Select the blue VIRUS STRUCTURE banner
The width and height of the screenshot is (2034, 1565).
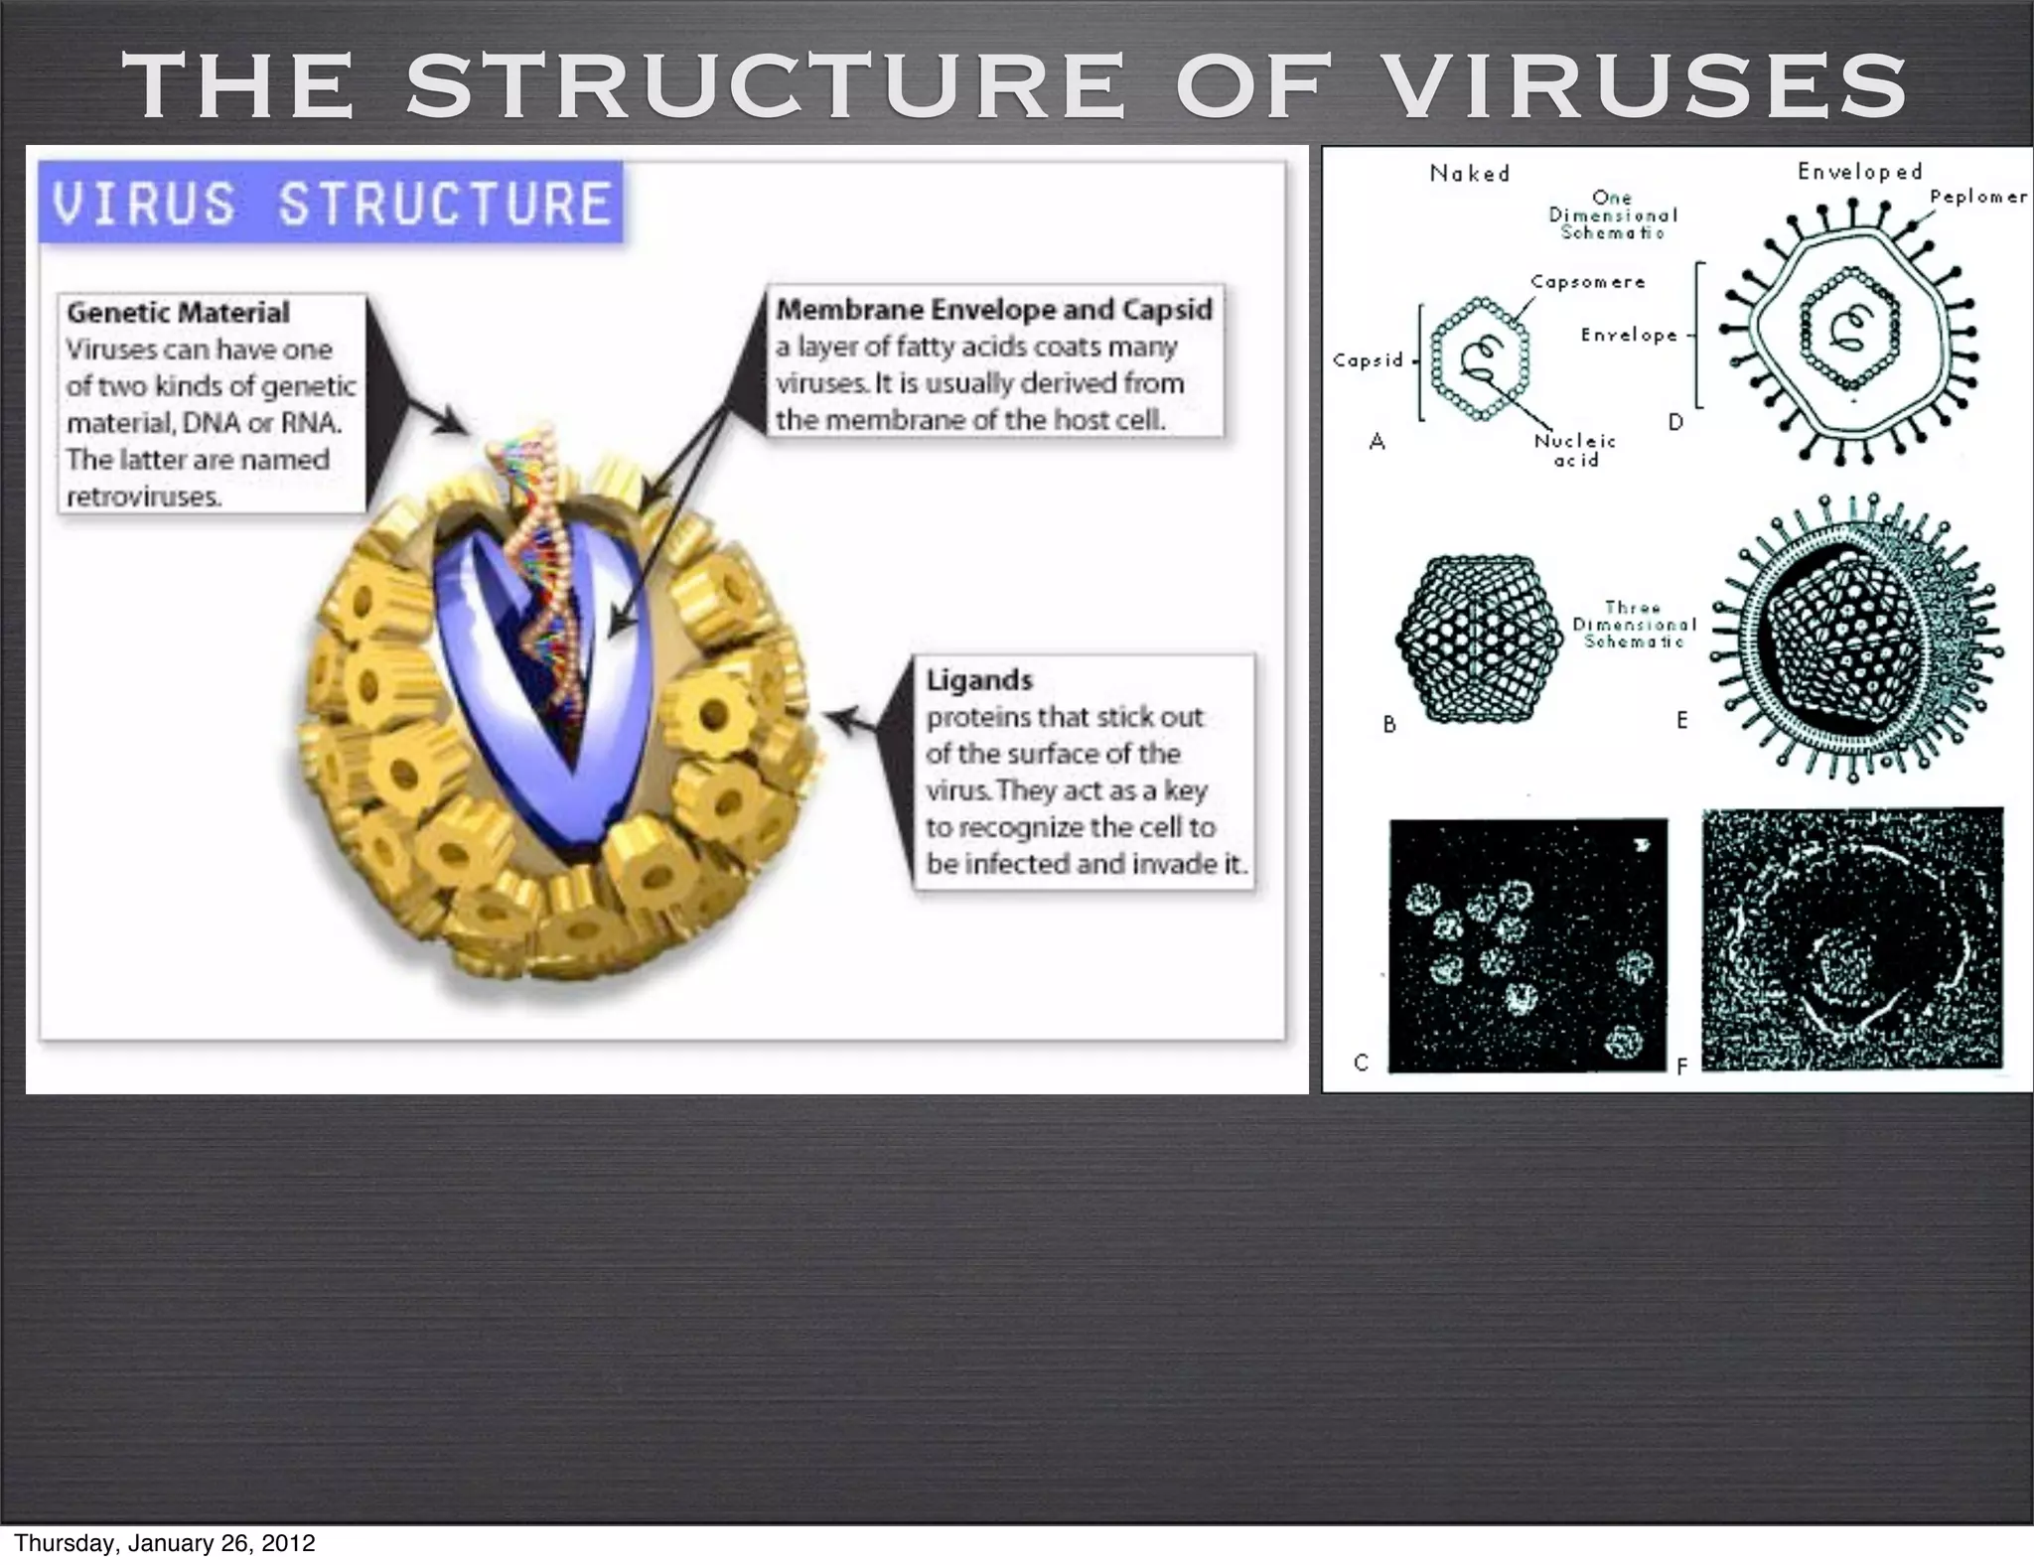(331, 203)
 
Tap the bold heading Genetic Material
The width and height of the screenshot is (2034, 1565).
(178, 313)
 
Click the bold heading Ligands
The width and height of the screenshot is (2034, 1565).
(979, 680)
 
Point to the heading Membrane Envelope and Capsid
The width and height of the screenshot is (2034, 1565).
(994, 310)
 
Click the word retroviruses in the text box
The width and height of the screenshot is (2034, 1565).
(143, 497)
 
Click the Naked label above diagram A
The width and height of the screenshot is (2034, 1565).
(1470, 174)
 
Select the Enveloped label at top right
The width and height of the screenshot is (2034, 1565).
(1860, 172)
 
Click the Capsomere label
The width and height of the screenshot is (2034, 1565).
(1588, 282)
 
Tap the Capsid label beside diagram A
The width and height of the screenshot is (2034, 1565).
(1368, 360)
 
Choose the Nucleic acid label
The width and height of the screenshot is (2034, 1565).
(1576, 450)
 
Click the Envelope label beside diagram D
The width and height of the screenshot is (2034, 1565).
(1630, 336)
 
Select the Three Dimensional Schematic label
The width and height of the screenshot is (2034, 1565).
(1634, 624)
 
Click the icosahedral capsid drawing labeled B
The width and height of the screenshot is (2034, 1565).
(1480, 638)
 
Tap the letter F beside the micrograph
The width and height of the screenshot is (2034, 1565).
(1682, 1067)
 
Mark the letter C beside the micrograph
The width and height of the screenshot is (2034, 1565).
(1362, 1063)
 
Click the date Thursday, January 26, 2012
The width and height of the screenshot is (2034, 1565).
(165, 1543)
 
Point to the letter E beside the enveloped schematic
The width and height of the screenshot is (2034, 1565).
(1682, 720)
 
